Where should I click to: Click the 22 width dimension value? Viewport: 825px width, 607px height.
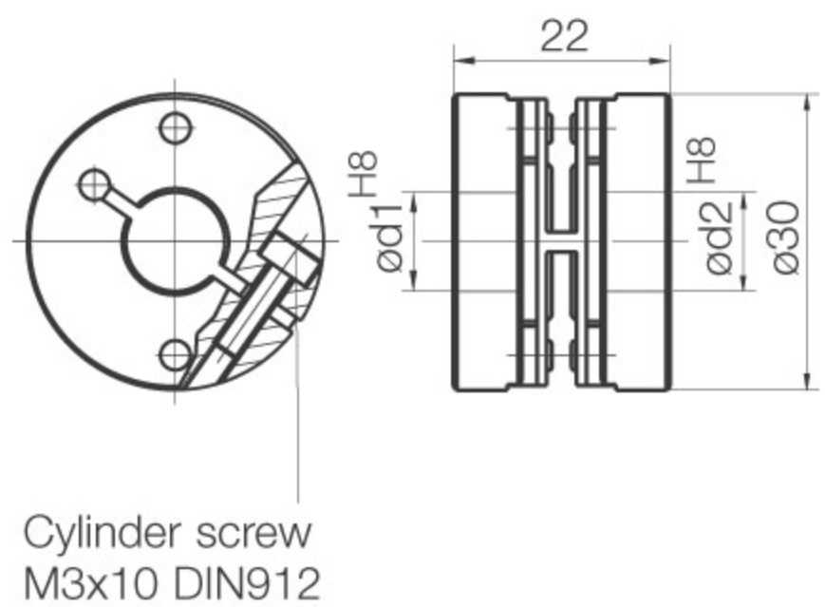[564, 36]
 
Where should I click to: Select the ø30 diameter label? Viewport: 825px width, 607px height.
[787, 237]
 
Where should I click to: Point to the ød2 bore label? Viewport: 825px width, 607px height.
[719, 238]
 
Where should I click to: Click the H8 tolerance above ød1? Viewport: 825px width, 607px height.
[363, 174]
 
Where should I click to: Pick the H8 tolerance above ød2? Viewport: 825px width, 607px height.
[701, 161]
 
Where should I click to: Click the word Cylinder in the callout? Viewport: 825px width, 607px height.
[103, 533]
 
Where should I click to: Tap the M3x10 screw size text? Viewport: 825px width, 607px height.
[90, 583]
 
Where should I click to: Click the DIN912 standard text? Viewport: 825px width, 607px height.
[247, 583]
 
